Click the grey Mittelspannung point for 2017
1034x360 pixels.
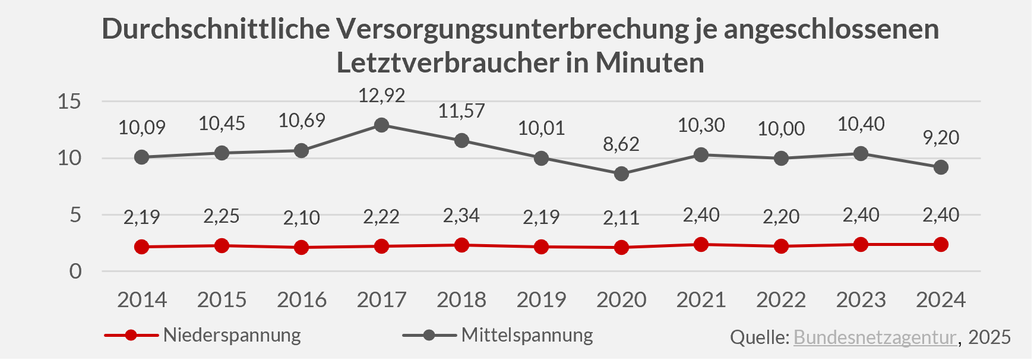(382, 125)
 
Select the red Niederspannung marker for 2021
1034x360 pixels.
(701, 244)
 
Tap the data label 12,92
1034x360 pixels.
(382, 96)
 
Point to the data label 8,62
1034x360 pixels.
(621, 144)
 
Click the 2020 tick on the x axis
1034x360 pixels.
(621, 299)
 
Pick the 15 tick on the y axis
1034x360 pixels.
(69, 102)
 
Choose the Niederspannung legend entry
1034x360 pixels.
(232, 335)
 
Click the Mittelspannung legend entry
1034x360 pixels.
(527, 335)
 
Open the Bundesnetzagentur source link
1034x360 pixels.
(875, 337)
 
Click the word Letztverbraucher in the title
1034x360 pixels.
(448, 63)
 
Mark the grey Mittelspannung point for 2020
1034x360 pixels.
(621, 174)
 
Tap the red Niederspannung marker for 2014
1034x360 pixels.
(142, 247)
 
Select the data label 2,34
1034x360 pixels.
(461, 216)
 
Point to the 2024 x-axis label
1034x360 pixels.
(941, 299)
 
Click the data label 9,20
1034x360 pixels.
(941, 138)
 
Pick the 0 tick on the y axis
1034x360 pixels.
(75, 271)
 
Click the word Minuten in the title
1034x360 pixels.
(650, 63)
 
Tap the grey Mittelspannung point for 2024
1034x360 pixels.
(941, 168)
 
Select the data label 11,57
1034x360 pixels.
(461, 111)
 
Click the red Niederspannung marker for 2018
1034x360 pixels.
(461, 245)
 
